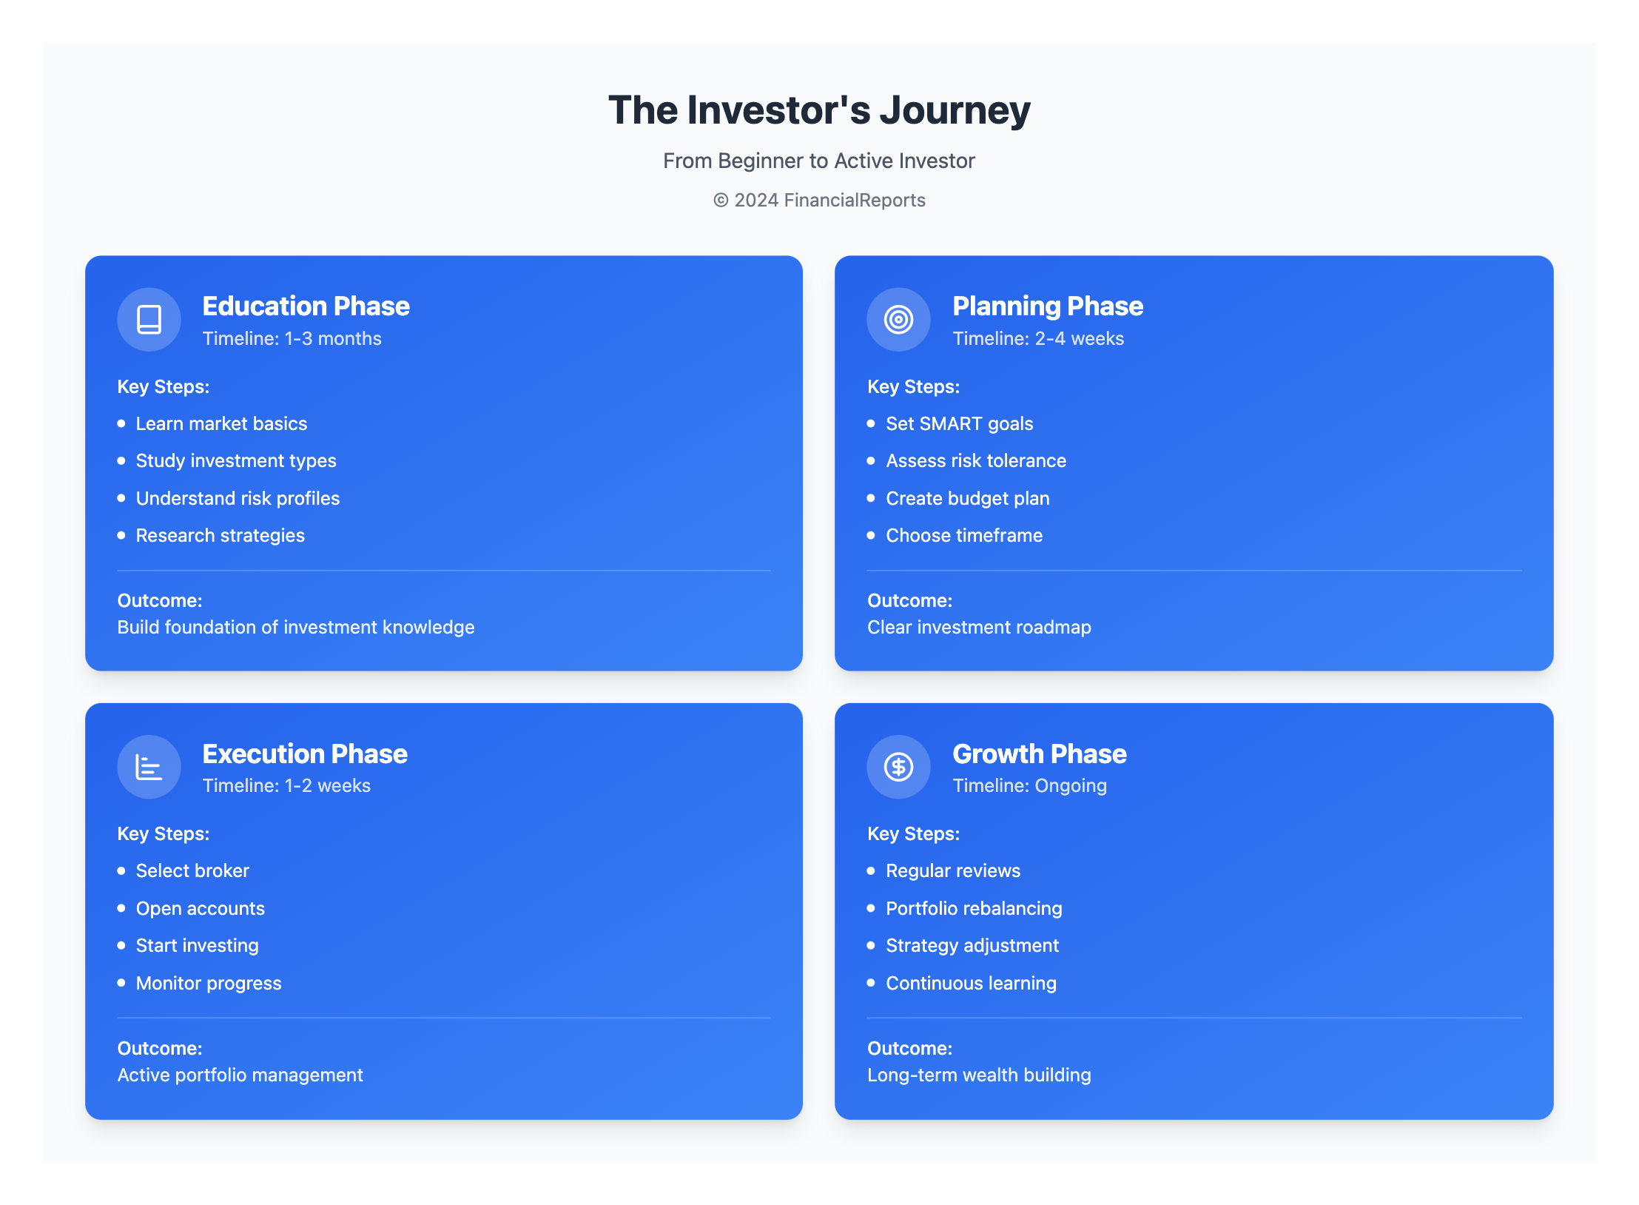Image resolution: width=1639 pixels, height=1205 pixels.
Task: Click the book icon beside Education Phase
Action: coord(149,320)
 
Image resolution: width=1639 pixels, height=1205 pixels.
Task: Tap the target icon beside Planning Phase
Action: coord(898,320)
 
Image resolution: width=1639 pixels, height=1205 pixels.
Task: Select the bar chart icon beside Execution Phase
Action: coord(149,767)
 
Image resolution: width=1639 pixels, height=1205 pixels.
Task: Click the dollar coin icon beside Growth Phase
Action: coord(898,767)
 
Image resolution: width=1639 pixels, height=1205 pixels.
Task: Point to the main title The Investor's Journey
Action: coord(819,110)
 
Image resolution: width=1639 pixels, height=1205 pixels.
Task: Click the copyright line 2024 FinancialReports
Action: coord(819,201)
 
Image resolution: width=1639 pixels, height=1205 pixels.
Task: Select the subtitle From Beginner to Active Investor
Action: coord(819,161)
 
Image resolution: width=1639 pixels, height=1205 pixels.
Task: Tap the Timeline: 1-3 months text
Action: coord(292,338)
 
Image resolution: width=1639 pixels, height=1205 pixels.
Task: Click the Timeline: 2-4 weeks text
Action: coord(1037,338)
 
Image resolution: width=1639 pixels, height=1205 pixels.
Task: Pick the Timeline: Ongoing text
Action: coord(1029,785)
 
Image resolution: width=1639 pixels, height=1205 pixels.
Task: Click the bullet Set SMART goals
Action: coord(959,423)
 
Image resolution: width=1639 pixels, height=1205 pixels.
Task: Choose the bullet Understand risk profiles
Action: coord(238,498)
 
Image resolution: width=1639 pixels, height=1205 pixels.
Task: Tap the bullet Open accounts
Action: coord(200,908)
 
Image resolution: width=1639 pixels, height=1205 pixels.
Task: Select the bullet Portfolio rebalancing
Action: coord(974,908)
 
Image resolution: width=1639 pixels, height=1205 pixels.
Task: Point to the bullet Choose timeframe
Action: coord(964,535)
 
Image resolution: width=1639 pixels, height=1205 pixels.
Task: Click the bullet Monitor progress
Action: coord(209,983)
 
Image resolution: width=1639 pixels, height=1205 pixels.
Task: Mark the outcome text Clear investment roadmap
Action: coord(979,627)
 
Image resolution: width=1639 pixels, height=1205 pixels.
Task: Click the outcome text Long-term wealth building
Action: coord(979,1075)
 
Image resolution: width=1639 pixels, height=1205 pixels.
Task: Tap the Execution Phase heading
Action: coord(305,753)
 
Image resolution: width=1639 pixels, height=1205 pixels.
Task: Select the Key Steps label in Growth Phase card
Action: coord(913,833)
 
